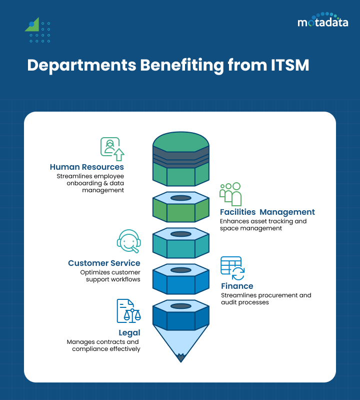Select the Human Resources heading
(86, 167)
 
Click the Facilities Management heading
(267, 212)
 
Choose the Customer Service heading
(104, 263)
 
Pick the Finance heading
(237, 286)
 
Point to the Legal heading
(129, 332)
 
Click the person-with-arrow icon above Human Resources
(112, 148)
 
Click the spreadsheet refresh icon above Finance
(232, 268)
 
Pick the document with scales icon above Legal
(128, 311)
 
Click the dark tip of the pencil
(180, 357)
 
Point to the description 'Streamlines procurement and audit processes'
(266, 299)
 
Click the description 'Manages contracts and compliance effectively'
(103, 345)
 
